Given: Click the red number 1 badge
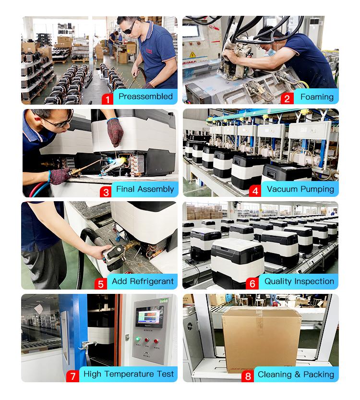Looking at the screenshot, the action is tap(108, 99).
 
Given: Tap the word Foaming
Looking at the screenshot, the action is tap(317, 97).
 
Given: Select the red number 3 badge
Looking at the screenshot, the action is tap(106, 192).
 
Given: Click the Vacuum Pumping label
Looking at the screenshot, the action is tap(300, 189).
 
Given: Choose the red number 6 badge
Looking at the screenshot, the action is tap(252, 284).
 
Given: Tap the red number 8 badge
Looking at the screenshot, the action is tap(248, 376).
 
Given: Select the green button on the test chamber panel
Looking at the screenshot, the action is tap(138, 339).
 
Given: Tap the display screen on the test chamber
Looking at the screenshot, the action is tap(149, 316).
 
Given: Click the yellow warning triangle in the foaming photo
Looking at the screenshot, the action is tap(192, 55).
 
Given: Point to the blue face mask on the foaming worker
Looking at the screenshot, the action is tap(271, 51).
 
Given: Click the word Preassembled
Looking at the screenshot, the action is tap(145, 97).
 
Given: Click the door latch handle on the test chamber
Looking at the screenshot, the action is tap(87, 345).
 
